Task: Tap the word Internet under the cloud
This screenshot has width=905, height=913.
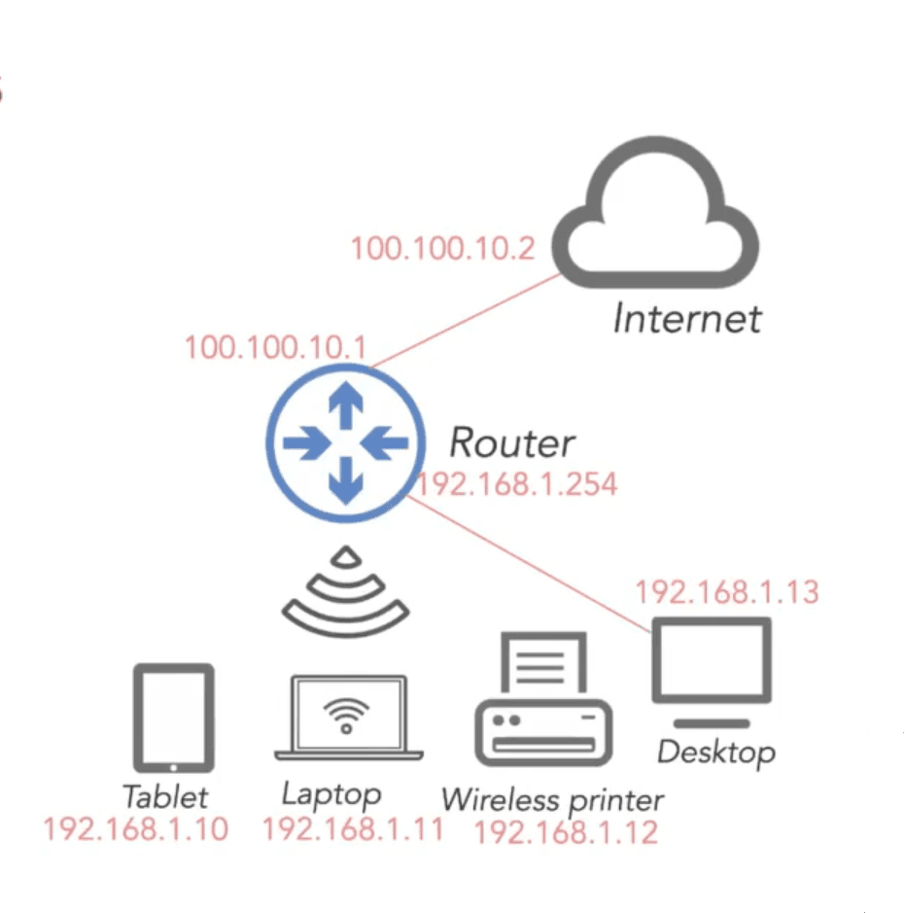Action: point(687,319)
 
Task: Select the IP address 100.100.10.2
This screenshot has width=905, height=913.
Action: point(443,249)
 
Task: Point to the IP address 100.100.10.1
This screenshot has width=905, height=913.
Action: point(275,347)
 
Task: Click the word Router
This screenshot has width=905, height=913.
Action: point(512,443)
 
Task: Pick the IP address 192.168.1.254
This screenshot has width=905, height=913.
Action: point(517,484)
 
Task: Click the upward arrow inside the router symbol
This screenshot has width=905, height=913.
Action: point(346,405)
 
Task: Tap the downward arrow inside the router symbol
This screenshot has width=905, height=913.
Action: point(346,480)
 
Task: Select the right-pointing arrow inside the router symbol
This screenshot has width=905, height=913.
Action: point(307,443)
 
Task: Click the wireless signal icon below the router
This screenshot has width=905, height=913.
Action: point(346,606)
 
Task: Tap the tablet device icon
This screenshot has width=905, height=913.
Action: point(173,718)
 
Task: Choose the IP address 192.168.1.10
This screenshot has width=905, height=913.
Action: point(136,828)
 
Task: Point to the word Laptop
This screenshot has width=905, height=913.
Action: point(331,795)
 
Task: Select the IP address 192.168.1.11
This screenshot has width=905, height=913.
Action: point(353,828)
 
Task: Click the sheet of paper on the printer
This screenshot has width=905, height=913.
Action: point(543,665)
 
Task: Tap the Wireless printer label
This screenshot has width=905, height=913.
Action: point(552,800)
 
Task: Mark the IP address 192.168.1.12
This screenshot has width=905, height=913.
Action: point(567,832)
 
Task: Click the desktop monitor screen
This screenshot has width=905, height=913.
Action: point(712,660)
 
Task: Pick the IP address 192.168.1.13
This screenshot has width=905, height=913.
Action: point(727,592)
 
